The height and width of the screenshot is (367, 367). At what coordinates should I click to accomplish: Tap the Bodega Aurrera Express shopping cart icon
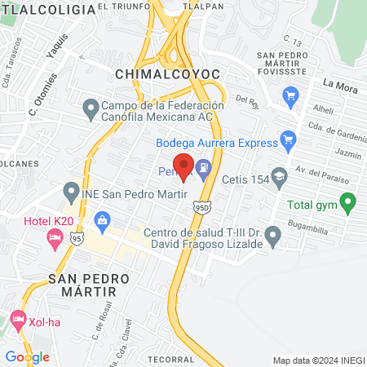coord(286,139)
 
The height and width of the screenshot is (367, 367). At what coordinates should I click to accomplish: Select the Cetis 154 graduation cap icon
coord(280,176)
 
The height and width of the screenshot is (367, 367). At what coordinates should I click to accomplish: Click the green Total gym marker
coord(348,200)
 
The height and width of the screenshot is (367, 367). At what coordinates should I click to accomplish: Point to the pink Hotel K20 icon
coord(55,238)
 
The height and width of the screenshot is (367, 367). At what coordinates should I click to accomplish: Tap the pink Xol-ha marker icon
coord(17,318)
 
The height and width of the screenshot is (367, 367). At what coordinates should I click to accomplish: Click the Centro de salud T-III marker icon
coord(273,237)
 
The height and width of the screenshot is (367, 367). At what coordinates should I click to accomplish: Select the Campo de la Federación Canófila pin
coord(90,108)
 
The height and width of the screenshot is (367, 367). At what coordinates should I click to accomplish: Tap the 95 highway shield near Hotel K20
coord(77,238)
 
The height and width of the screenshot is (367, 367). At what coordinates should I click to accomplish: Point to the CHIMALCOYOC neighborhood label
coord(169,74)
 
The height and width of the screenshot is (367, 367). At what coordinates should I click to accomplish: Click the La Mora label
coord(340,83)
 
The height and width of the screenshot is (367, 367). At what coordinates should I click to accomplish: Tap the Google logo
coord(27,356)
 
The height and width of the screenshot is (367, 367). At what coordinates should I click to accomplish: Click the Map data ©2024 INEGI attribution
coord(318,360)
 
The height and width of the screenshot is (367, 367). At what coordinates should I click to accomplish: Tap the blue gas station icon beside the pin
coord(203,170)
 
